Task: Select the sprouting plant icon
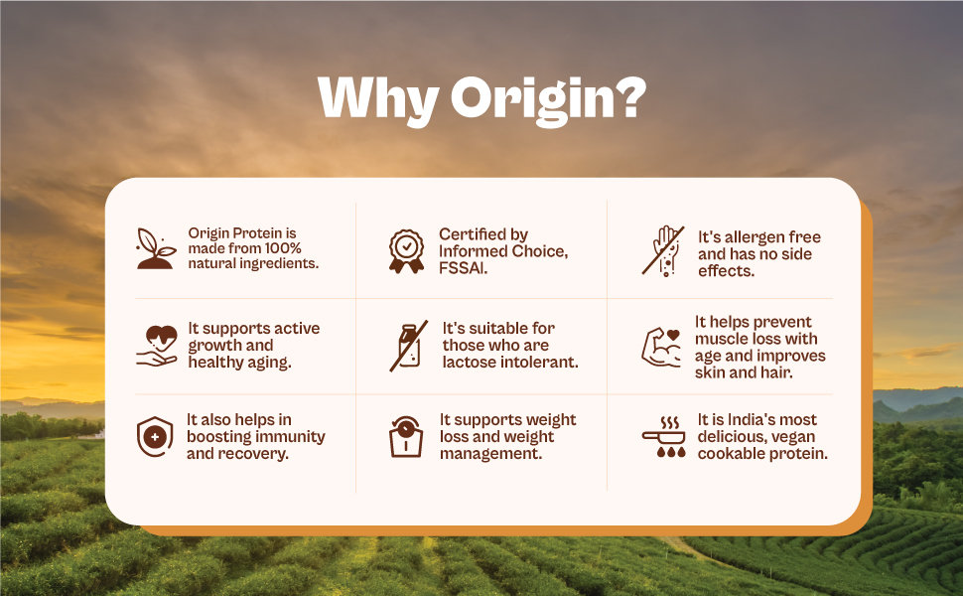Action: tap(156, 248)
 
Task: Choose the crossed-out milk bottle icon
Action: tap(408, 345)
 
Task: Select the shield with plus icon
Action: tap(154, 437)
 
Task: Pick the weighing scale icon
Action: tap(407, 437)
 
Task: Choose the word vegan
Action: tap(793, 437)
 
